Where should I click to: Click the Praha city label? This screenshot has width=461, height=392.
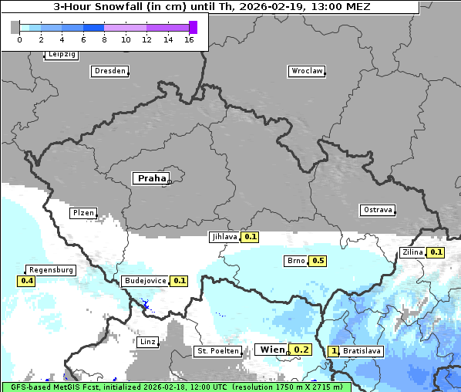click(x=151, y=178)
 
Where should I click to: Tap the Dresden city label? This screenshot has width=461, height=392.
click(x=109, y=71)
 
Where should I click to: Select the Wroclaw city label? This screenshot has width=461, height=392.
click(x=307, y=71)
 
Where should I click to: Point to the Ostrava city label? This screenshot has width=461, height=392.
click(x=378, y=210)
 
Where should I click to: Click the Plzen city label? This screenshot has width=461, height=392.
click(x=83, y=213)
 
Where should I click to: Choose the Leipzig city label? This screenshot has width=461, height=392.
click(x=62, y=55)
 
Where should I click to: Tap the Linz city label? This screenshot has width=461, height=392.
click(x=148, y=342)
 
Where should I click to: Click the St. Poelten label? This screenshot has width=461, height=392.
click(x=217, y=351)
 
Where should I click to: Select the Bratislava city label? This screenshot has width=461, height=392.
click(x=362, y=351)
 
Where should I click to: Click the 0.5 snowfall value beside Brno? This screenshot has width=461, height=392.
click(x=318, y=261)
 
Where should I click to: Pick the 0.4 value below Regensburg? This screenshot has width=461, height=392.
click(x=27, y=281)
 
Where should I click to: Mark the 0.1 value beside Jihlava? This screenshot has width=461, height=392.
click(x=250, y=237)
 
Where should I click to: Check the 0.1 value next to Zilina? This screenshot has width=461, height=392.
click(x=436, y=252)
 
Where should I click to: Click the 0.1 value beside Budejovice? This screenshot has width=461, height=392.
click(x=180, y=281)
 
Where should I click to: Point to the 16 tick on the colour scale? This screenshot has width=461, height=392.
click(x=190, y=39)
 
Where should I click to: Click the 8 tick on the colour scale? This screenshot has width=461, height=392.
click(x=104, y=39)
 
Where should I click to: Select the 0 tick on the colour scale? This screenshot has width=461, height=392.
click(x=19, y=39)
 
